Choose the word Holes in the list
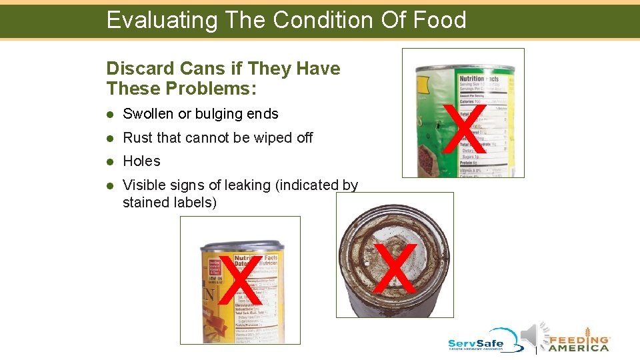tap(141, 161)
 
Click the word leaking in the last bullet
tap(249, 185)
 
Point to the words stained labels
tap(169, 202)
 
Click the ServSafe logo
tap(484, 340)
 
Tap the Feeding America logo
tap(579, 339)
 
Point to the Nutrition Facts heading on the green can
tap(478, 79)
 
